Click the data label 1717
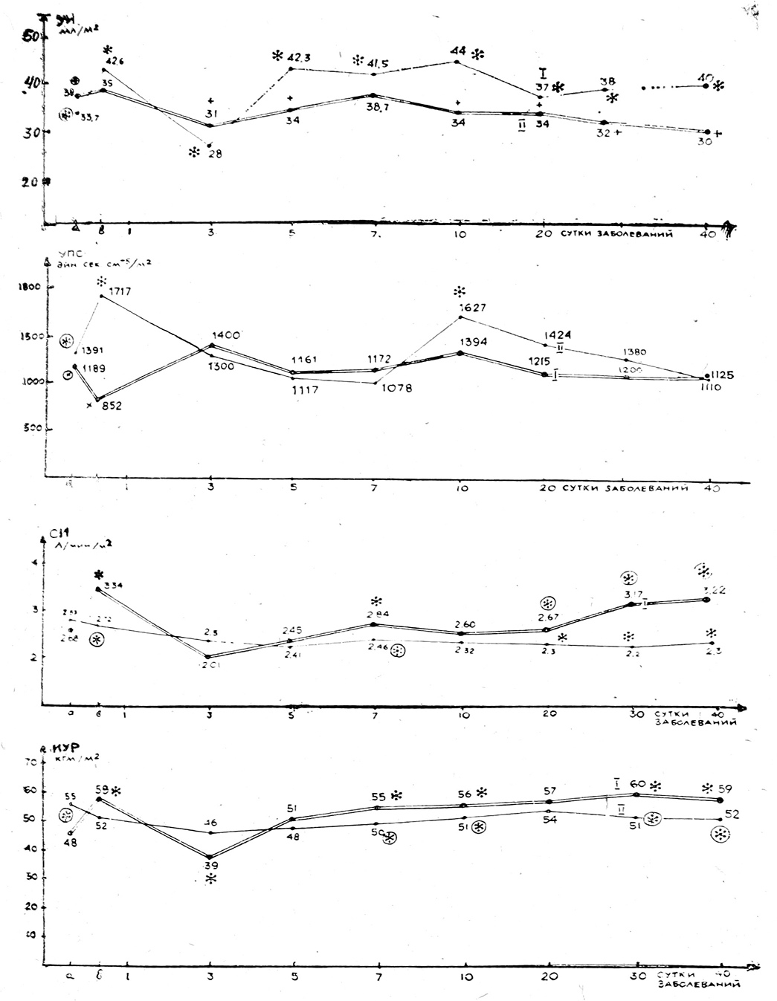(119, 292)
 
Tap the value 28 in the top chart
(216, 154)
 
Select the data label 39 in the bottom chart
(211, 865)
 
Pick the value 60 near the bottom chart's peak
(638, 784)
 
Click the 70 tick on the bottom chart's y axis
(30, 762)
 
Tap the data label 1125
(721, 375)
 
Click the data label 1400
(226, 336)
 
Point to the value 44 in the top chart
(458, 51)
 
